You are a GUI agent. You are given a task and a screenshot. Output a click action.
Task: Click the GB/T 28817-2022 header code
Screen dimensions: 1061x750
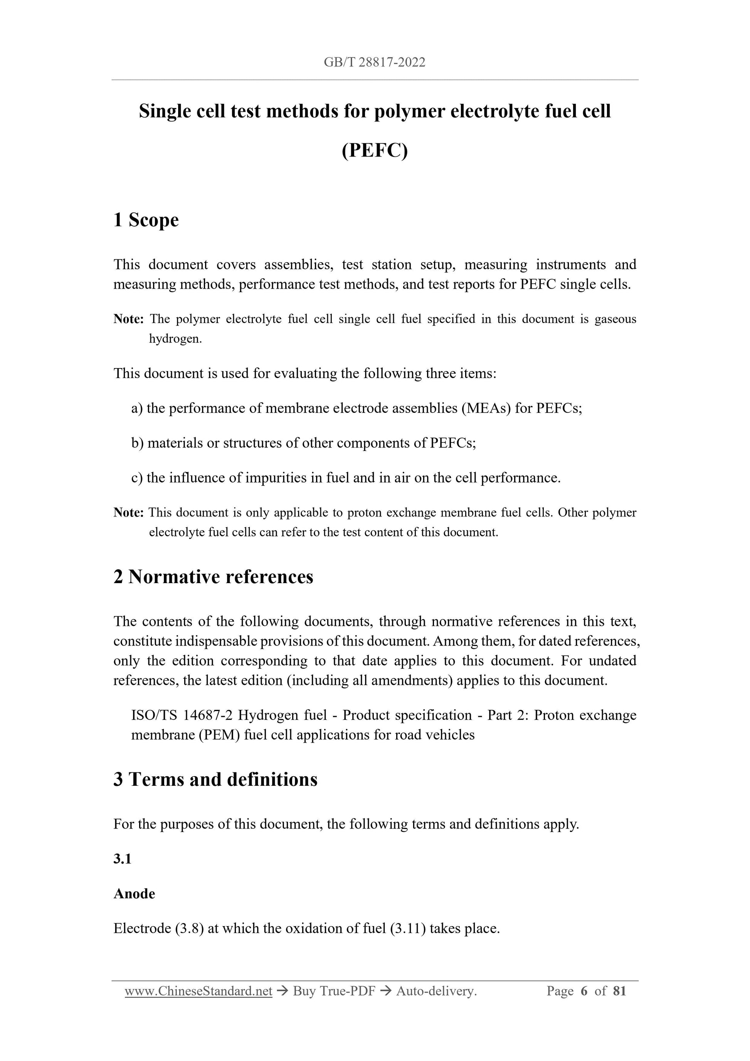click(x=374, y=62)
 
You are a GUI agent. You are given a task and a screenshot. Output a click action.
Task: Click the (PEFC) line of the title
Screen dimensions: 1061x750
click(x=375, y=150)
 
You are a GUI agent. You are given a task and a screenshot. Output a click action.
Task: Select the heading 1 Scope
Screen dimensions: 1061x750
click(x=146, y=220)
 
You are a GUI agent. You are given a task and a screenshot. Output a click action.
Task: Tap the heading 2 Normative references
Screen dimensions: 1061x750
click(x=213, y=577)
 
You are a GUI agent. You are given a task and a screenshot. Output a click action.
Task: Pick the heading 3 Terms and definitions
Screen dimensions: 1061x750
click(x=215, y=779)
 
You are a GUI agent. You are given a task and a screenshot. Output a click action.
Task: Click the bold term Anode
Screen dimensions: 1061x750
click(x=134, y=893)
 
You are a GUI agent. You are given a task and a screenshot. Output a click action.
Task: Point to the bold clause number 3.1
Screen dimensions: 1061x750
click(x=123, y=859)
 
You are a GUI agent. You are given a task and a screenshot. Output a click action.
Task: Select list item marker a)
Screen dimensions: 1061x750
click(x=137, y=408)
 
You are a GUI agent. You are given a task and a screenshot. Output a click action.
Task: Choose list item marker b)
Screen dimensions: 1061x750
click(x=138, y=443)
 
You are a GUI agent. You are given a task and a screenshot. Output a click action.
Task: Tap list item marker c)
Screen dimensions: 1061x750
click(x=137, y=478)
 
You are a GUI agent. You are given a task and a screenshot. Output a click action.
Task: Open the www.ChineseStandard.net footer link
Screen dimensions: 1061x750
click(x=198, y=991)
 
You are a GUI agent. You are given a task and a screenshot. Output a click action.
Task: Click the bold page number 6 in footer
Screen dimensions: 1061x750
click(x=584, y=991)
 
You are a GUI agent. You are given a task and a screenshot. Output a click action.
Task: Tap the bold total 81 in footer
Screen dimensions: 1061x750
click(x=619, y=991)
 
